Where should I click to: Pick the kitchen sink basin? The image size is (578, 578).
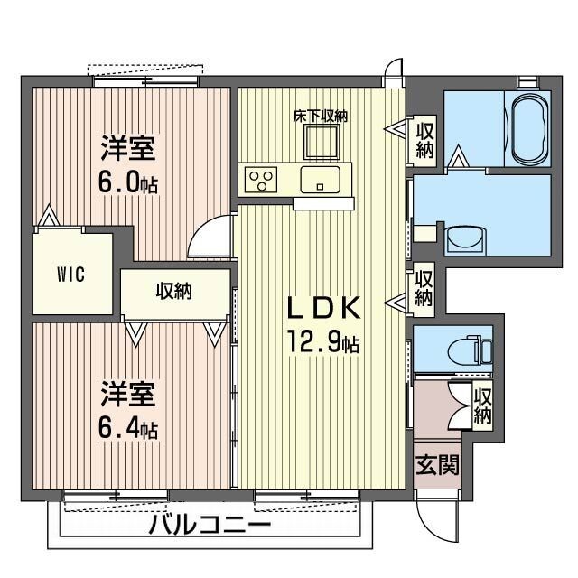point(321,178)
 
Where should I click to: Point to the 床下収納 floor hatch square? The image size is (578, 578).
point(321,141)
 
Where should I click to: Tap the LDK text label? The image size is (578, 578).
point(324,309)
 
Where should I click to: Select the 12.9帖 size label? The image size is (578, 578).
point(324,343)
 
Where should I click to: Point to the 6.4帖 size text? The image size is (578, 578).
point(128,429)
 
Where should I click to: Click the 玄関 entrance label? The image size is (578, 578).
point(437,466)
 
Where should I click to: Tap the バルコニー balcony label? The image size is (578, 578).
point(210,525)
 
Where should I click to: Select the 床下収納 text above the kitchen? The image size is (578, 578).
point(321,116)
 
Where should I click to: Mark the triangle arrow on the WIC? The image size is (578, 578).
point(49,219)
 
